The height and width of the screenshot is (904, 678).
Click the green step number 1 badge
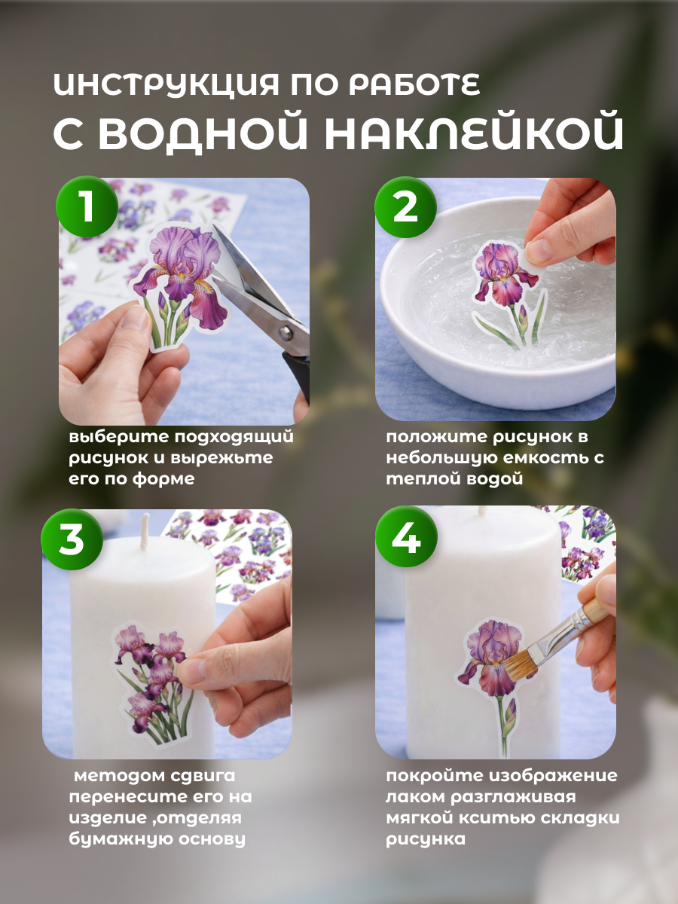pos(87,206)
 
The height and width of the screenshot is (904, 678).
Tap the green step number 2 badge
pos(405,206)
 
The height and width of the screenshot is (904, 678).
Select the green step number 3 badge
pos(72,539)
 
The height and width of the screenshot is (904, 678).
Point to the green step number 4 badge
pos(406,536)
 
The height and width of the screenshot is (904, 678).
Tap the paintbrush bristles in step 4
pos(521,662)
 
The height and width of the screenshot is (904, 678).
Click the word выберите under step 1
pos(119,436)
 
